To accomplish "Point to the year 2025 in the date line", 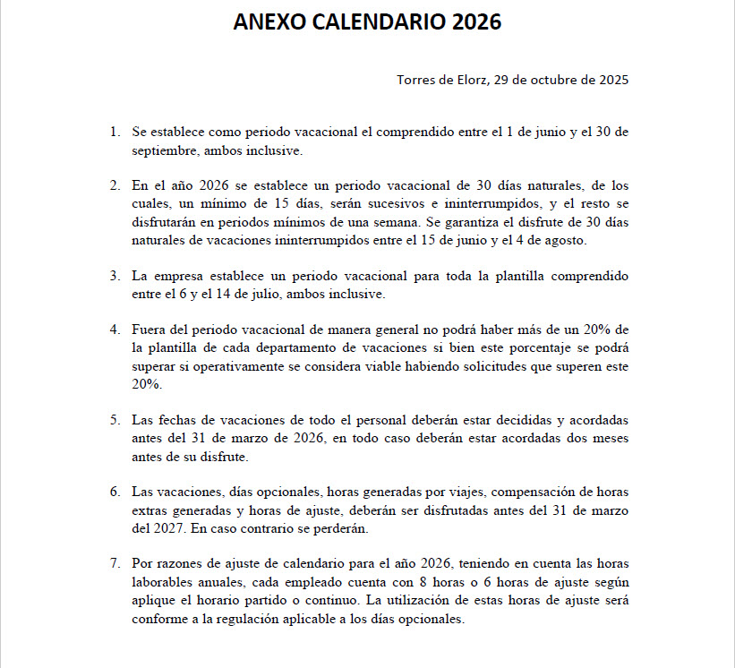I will pyautogui.click(x=612, y=80).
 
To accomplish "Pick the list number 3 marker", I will pyautogui.click(x=114, y=276).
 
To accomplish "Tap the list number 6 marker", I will pyautogui.click(x=114, y=492).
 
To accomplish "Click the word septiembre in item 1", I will pyautogui.click(x=163, y=150).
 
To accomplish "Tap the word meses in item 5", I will pyautogui.click(x=609, y=439).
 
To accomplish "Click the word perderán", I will pyautogui.click(x=343, y=528).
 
